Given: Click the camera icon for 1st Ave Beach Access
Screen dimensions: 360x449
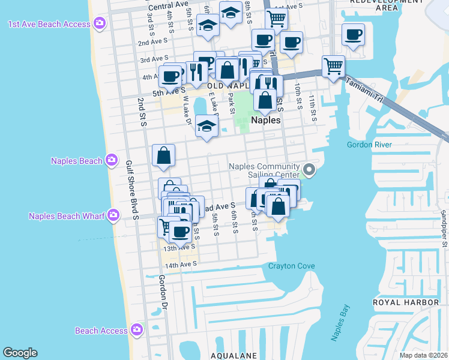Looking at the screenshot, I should coord(100,24).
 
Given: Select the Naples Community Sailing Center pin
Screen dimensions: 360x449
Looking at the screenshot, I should coord(309,171).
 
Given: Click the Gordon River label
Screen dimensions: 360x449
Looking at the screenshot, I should coord(369,145).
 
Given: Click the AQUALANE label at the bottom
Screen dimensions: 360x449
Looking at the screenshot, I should coord(234,355).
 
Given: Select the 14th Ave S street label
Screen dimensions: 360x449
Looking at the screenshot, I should coord(181,263).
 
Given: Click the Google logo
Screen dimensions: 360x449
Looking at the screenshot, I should coord(20,353).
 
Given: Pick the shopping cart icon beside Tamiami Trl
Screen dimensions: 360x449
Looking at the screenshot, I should coord(333,65).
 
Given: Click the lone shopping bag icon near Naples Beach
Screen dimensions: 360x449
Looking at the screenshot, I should coord(163,155).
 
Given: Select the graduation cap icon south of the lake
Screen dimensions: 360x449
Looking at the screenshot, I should coord(206,127).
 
